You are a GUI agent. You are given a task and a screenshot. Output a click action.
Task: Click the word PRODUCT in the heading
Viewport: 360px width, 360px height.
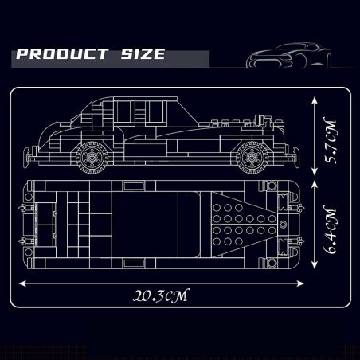[x=62, y=54]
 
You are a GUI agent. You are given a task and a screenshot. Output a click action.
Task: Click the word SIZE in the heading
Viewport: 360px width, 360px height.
[x=143, y=54]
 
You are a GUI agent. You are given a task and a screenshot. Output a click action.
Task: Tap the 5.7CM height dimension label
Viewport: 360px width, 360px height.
[x=330, y=142]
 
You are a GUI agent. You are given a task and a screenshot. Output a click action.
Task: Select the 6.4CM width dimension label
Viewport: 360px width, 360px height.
[x=330, y=230]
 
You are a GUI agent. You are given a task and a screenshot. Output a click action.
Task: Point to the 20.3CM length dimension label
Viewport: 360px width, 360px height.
[x=161, y=295]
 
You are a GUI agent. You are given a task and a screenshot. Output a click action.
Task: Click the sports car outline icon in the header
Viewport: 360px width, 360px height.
[x=289, y=56]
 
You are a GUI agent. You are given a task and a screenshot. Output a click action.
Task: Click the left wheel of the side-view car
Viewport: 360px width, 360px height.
[x=92, y=157]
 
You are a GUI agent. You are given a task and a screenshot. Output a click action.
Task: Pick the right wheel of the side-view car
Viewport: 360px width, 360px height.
[x=252, y=157]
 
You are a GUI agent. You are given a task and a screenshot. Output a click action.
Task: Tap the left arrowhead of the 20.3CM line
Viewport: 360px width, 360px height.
[x=22, y=284]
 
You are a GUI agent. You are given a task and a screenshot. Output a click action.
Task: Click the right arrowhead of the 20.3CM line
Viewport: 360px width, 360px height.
[x=300, y=284]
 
